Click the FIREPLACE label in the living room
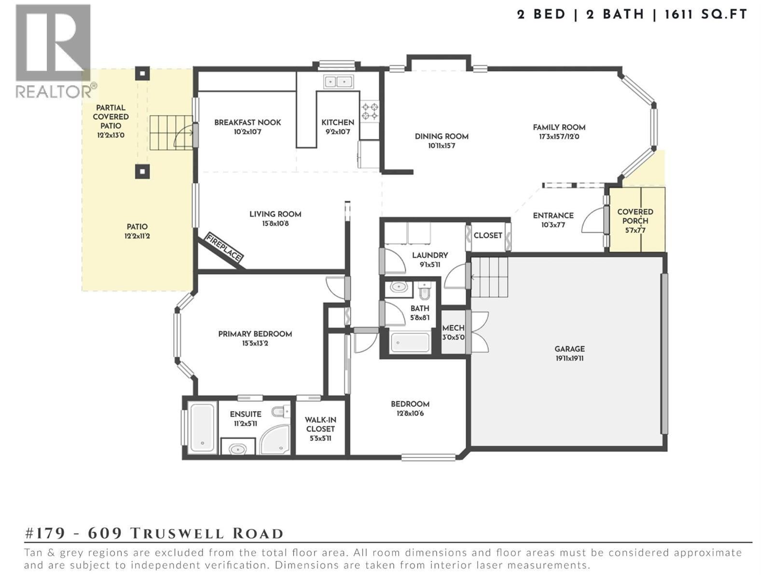pos(224,248)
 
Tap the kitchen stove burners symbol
pos(370,111)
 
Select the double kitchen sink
pos(338,82)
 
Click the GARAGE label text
pos(569,349)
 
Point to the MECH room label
pos(453,328)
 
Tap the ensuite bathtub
pos(202,427)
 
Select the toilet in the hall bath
pos(425,290)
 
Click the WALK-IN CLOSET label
pos(320,425)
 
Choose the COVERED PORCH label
pos(635,216)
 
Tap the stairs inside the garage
pos(489,277)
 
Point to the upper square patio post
pos(142,74)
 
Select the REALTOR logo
pos(53,51)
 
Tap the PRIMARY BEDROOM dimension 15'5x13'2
pos(255,344)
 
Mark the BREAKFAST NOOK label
pos(248,123)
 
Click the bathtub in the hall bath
pos(410,343)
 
